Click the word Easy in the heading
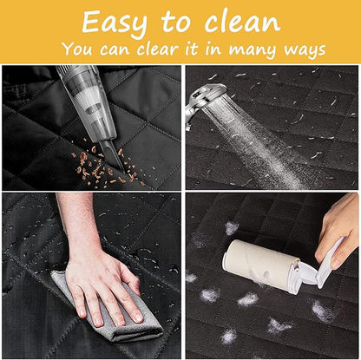tap(115, 23)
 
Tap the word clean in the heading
tap(242, 22)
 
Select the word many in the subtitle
tap(253, 49)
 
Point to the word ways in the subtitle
tap(305, 50)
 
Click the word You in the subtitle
tap(77, 49)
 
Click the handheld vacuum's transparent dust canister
tap(87, 95)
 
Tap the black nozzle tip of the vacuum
tap(113, 156)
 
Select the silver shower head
tap(205, 98)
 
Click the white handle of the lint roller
tap(330, 263)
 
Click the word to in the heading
tap(176, 23)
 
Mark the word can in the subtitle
tap(115, 50)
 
